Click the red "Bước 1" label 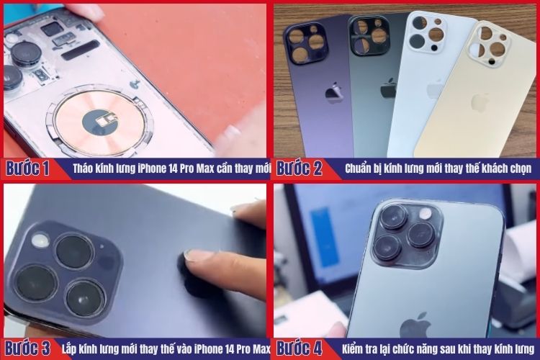(x=28, y=169)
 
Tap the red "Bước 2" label (x=299, y=169)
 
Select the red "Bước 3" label (x=28, y=348)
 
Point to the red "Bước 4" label (x=299, y=348)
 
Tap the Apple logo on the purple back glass (x=333, y=93)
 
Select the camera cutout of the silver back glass (x=427, y=34)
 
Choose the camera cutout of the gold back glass (x=490, y=44)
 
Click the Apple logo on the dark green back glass (x=388, y=89)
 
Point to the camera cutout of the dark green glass (x=369, y=35)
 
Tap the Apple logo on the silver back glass (x=435, y=89)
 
